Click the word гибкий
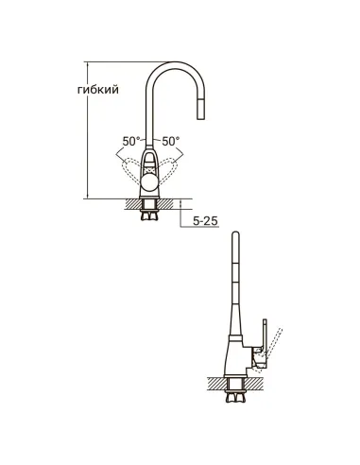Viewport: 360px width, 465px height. tap(99, 91)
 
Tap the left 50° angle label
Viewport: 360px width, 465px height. tap(131, 141)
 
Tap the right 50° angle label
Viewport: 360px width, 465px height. tap(172, 141)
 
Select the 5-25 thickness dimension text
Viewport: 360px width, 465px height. tap(205, 222)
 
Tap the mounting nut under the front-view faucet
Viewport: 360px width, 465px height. tap(151, 215)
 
